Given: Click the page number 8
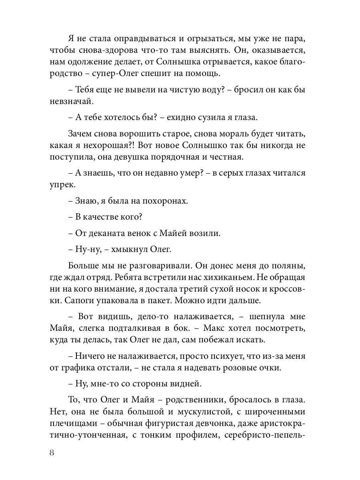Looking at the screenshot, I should pyautogui.click(x=52, y=453).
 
